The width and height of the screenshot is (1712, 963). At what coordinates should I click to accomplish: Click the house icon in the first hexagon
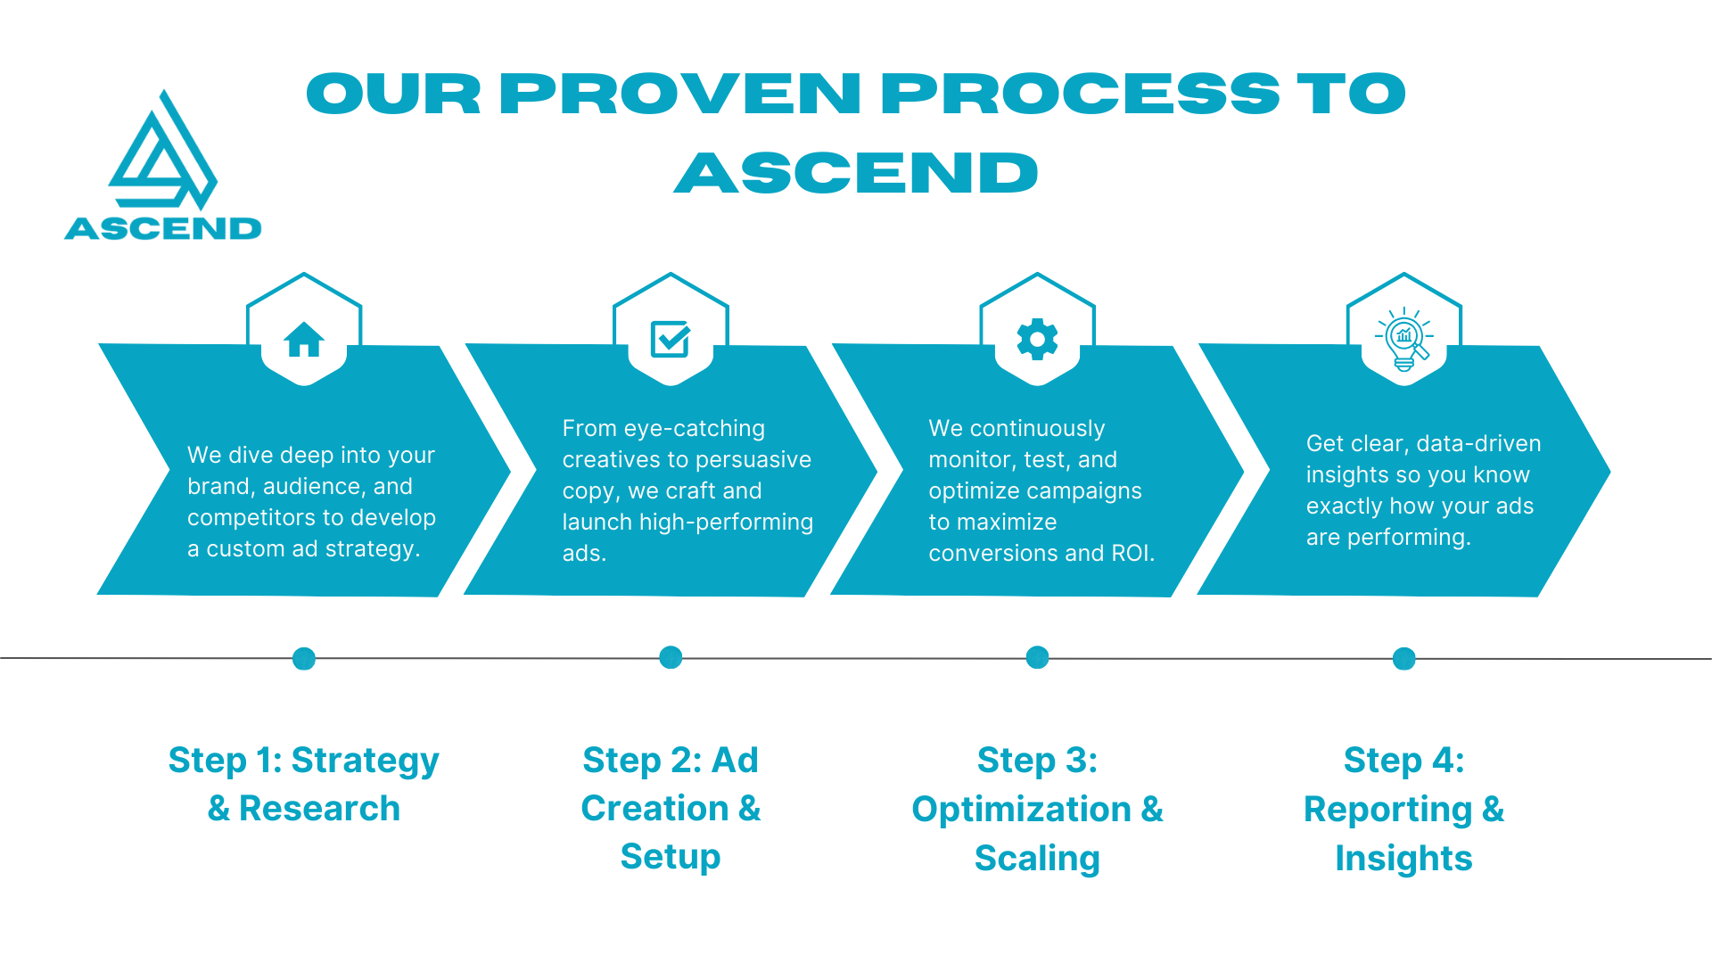click(304, 339)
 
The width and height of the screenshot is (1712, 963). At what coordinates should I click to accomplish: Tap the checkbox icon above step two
click(671, 339)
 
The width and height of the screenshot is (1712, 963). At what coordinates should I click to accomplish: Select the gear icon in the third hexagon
click(1037, 339)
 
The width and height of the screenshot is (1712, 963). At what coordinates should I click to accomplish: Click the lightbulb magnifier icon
click(1404, 339)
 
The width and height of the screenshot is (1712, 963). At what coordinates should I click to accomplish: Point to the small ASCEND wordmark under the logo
click(163, 229)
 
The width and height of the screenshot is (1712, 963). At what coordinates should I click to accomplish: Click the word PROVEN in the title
click(679, 95)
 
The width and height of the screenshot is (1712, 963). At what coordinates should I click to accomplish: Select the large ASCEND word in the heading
click(856, 173)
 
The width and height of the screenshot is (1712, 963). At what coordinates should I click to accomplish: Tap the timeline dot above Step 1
click(304, 659)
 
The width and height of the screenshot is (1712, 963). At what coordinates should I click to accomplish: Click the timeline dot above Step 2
click(671, 658)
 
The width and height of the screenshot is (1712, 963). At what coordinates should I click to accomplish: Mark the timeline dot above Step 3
click(1037, 658)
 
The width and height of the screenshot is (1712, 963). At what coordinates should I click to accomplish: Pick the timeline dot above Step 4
click(1404, 659)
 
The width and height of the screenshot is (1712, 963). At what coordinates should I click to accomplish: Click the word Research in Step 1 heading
click(319, 809)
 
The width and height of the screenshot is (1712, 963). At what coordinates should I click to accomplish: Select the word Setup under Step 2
click(671, 857)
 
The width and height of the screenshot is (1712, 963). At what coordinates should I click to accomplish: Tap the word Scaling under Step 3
click(1037, 859)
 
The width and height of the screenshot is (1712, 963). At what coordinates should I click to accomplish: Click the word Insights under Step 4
click(1403, 859)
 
